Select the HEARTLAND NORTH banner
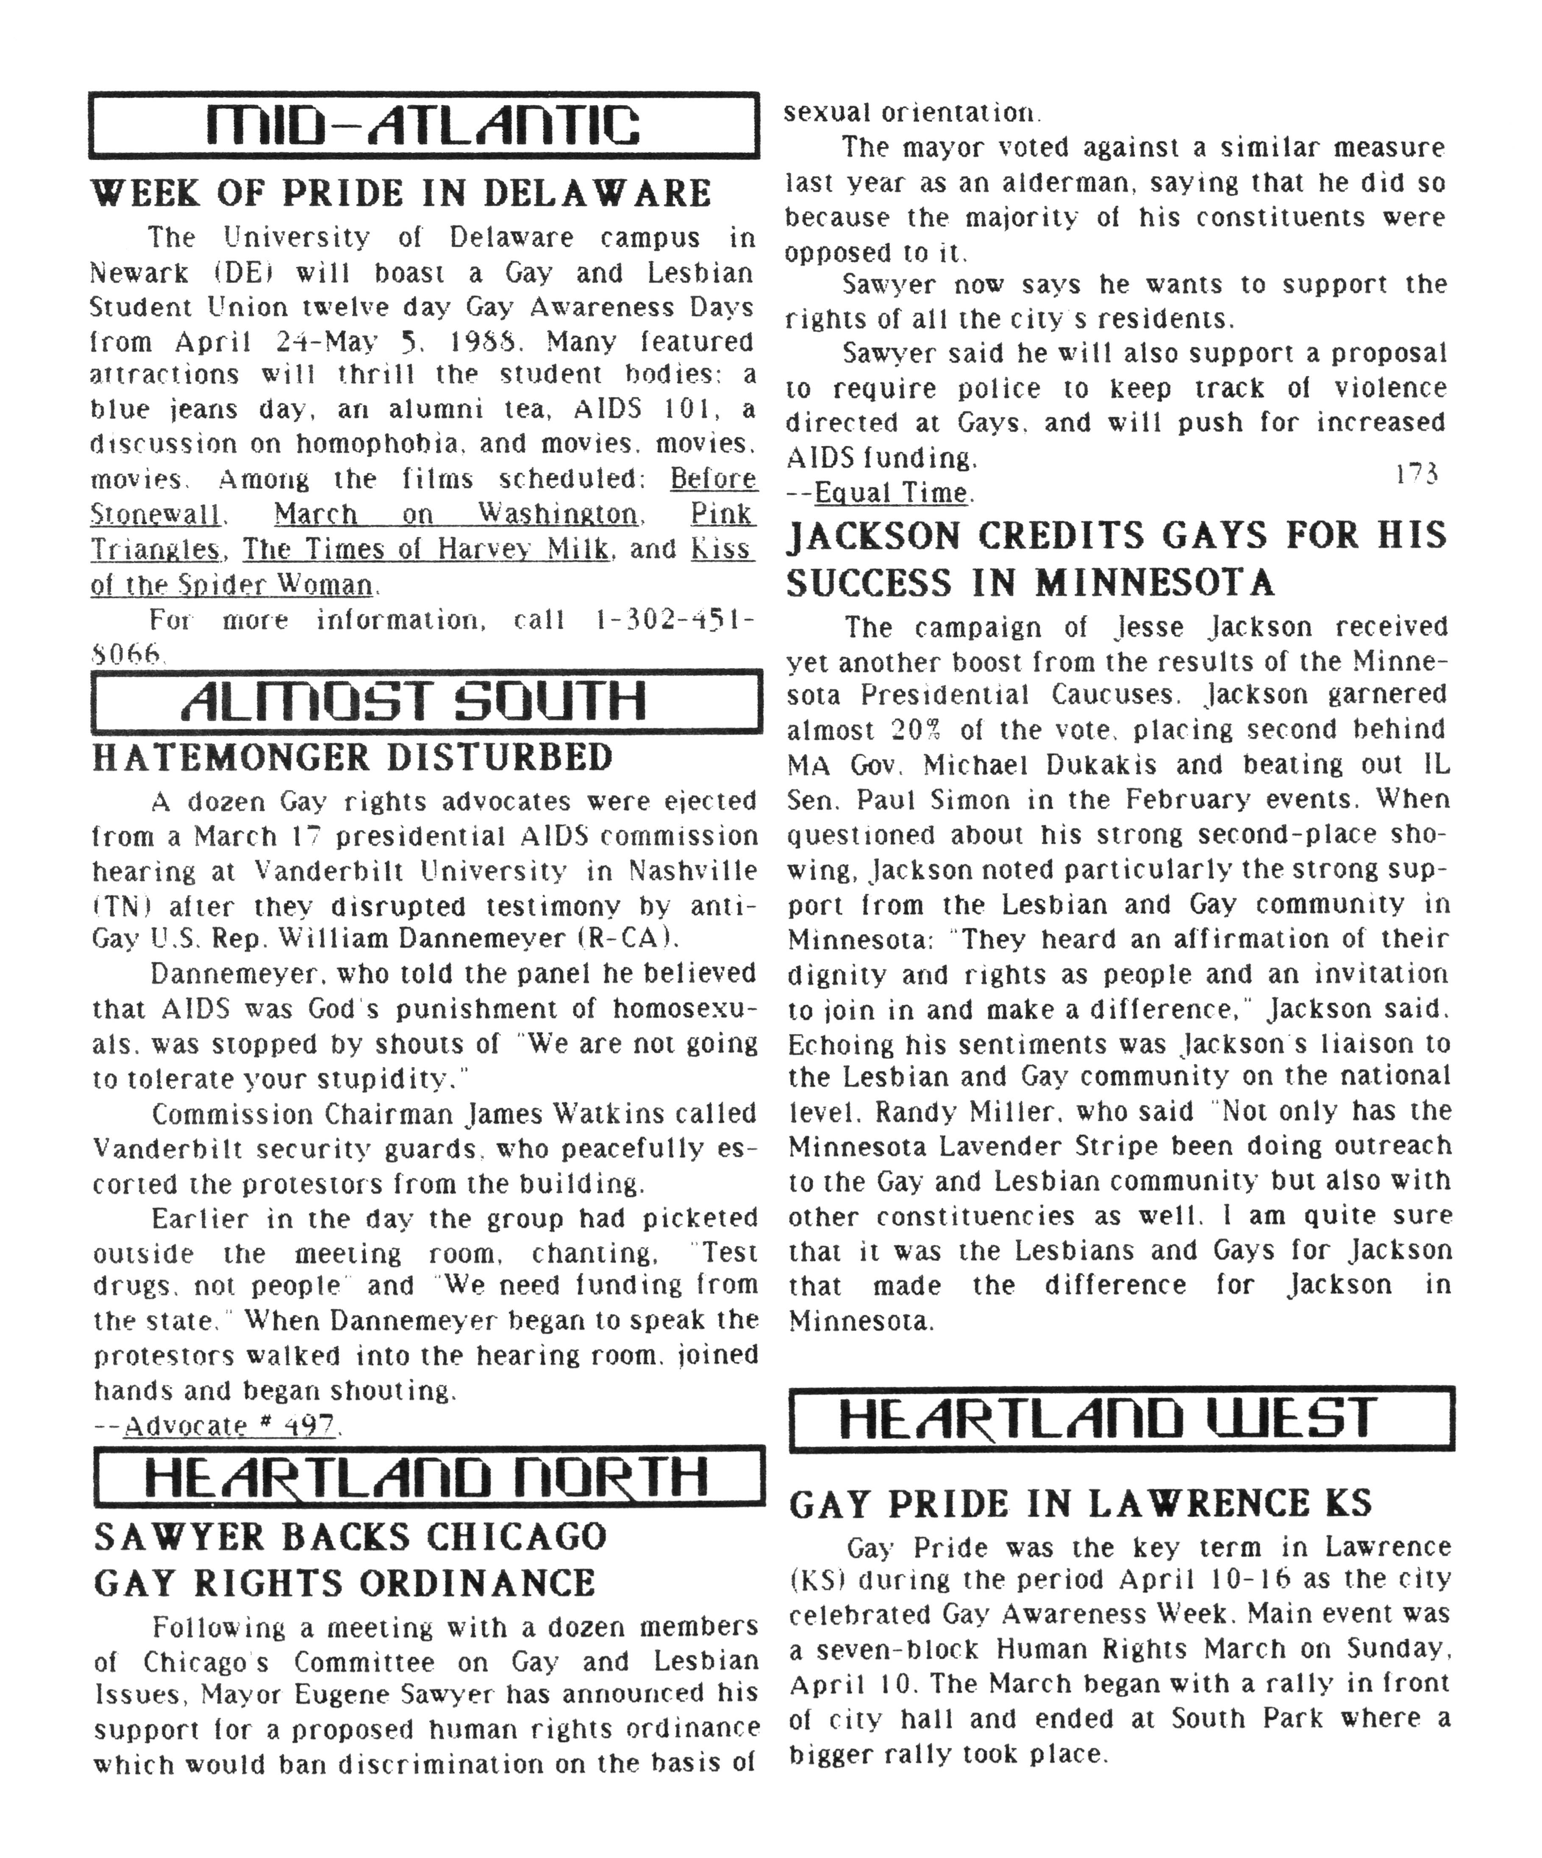pyautogui.click(x=428, y=1476)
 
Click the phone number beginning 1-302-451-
pyautogui.click(x=673, y=620)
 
